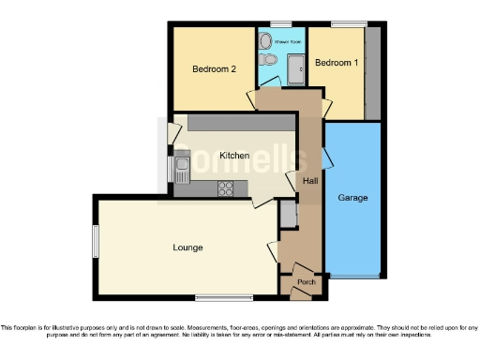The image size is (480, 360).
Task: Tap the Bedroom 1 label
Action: click(335, 63)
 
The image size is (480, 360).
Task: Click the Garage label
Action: click(352, 198)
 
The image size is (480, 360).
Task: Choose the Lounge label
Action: click(187, 247)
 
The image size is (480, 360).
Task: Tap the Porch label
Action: click(306, 282)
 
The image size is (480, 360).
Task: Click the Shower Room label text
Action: click(286, 42)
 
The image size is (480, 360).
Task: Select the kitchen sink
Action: click(182, 168)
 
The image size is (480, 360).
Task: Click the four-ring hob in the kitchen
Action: click(226, 187)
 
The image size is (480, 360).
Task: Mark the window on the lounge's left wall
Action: click(95, 241)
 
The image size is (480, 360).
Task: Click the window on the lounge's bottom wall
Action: click(218, 298)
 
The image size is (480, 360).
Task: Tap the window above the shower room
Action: click(280, 22)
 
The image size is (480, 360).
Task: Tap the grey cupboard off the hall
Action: click(288, 215)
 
